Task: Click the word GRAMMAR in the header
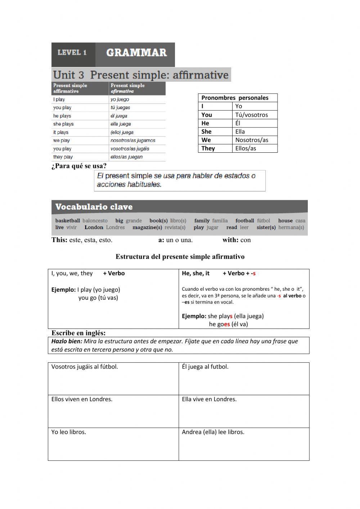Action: tap(136, 53)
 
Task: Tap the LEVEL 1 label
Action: tap(72, 53)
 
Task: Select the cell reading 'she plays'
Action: tap(63, 124)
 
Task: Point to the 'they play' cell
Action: tap(63, 157)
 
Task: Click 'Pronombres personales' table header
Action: tap(235, 98)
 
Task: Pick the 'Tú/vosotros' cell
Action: tap(251, 115)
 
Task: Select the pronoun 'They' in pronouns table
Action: tap(208, 148)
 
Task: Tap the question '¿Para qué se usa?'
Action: tap(79, 166)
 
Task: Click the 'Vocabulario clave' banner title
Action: tap(94, 207)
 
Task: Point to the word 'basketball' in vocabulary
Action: tap(68, 220)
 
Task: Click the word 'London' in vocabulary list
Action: tap(94, 227)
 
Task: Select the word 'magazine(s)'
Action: tap(147, 227)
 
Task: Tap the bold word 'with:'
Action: tap(230, 240)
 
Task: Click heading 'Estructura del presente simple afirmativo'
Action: tap(180, 257)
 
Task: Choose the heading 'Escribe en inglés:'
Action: tap(78, 333)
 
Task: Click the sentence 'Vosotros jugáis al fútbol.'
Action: tap(85, 367)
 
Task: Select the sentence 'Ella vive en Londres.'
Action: tap(209, 399)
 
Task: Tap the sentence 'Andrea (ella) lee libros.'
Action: tap(213, 432)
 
